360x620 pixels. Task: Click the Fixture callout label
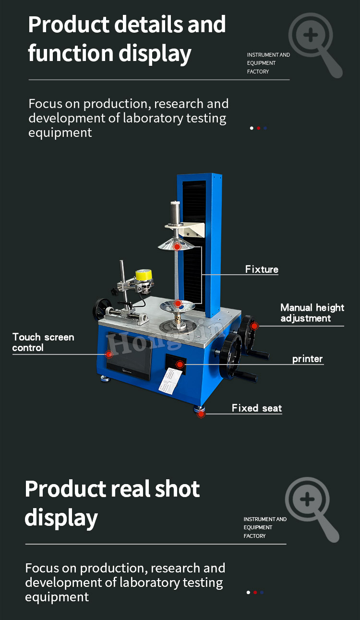pyautogui.click(x=262, y=269)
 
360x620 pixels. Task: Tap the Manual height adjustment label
pyautogui.click(x=312, y=313)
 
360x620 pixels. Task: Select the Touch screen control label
pyautogui.click(x=43, y=342)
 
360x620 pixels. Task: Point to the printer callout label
pyautogui.click(x=307, y=359)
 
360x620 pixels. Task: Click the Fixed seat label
pyautogui.click(x=257, y=408)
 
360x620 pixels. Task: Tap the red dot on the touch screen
pyautogui.click(x=109, y=354)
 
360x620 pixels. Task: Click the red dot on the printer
pyautogui.click(x=180, y=365)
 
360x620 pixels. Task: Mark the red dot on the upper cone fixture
pyautogui.click(x=177, y=246)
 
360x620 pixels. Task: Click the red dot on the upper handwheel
pyautogui.click(x=254, y=326)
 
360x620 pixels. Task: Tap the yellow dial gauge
pyautogui.click(x=144, y=276)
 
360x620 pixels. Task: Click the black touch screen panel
pyautogui.click(x=129, y=356)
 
